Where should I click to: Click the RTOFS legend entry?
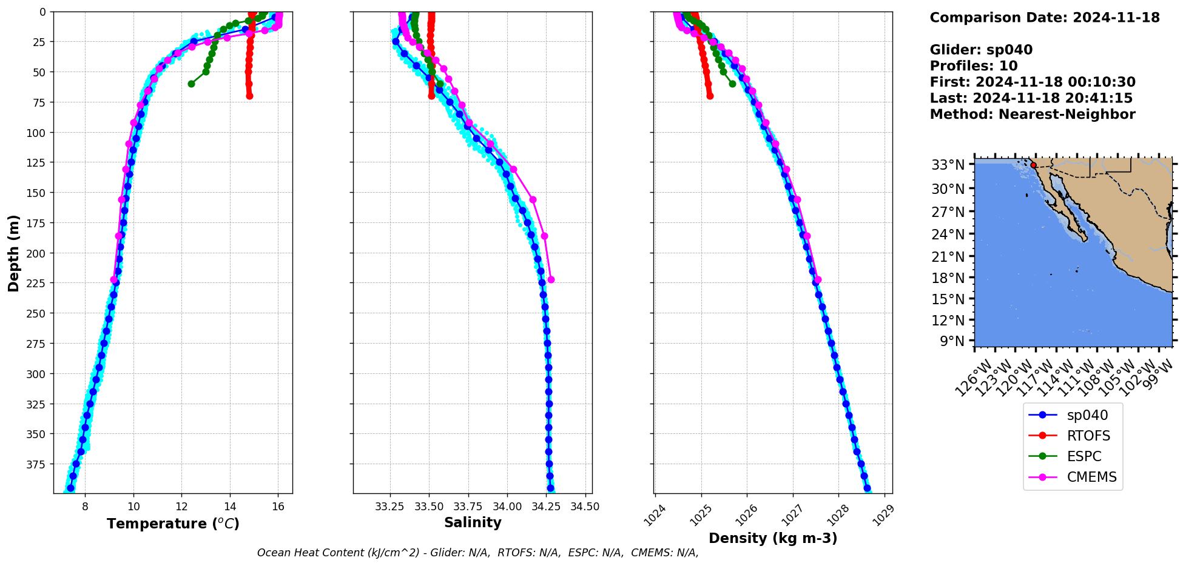(x=1088, y=436)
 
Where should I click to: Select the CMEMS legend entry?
(x=1091, y=477)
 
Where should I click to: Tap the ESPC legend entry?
(x=1084, y=456)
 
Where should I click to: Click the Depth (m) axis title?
(x=13, y=253)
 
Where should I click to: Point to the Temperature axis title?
(x=173, y=524)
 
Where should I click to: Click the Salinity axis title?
(x=473, y=522)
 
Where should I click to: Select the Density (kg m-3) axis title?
(x=772, y=538)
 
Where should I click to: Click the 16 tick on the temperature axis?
(x=278, y=507)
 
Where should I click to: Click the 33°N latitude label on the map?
(x=948, y=165)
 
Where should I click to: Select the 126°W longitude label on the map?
(x=974, y=376)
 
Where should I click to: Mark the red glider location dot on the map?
(x=1033, y=165)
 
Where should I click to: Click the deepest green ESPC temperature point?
(x=191, y=84)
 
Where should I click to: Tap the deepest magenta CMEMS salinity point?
(x=551, y=279)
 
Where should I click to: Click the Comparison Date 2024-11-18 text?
(x=1044, y=18)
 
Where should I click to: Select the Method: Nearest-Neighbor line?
(x=1032, y=114)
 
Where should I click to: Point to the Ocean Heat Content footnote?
(x=477, y=553)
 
